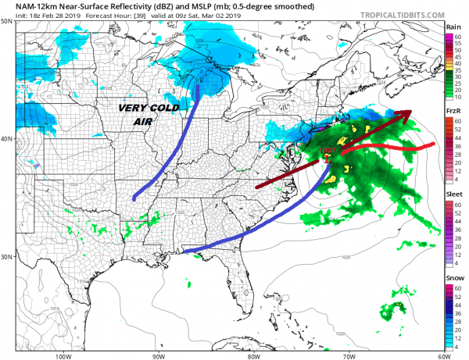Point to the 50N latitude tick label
click(x=6, y=21)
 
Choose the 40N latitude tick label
click(x=6, y=139)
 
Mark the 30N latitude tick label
click(x=6, y=257)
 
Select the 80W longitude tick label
click(x=253, y=355)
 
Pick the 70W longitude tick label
click(x=348, y=355)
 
